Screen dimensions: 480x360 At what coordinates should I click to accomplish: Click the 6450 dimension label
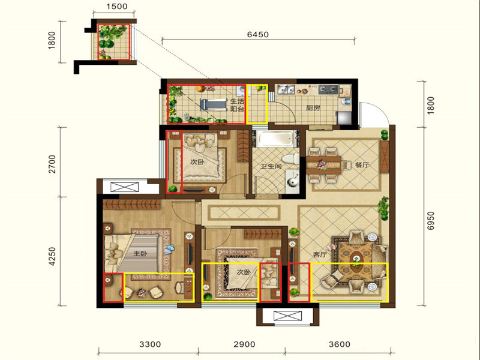tap(258, 34)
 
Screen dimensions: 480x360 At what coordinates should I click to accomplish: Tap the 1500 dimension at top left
tap(117, 7)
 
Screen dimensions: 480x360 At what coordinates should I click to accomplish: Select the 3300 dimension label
tap(150, 344)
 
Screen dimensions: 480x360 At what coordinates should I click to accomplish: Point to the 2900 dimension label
tap(244, 344)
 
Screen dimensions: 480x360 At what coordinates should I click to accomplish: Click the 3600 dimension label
tap(340, 344)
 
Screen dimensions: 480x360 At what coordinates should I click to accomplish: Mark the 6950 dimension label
tap(431, 220)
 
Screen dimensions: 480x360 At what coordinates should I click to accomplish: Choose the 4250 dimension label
tap(52, 256)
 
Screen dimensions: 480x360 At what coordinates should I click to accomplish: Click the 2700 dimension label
tap(52, 164)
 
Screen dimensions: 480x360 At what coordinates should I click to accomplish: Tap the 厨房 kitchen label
tap(313, 108)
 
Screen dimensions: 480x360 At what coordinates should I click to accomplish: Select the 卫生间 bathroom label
tap(271, 166)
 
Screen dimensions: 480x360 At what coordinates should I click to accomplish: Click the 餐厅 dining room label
tap(362, 164)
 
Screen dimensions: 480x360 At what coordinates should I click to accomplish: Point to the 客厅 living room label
tap(320, 254)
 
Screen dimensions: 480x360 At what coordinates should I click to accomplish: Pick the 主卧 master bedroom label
tap(140, 253)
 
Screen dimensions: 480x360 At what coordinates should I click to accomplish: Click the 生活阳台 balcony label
tap(237, 105)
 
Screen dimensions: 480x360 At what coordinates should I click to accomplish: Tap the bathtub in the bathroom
tap(275, 139)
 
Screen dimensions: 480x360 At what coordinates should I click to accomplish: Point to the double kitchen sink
tap(286, 89)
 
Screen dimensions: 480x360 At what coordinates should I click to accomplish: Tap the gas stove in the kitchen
tap(328, 89)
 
